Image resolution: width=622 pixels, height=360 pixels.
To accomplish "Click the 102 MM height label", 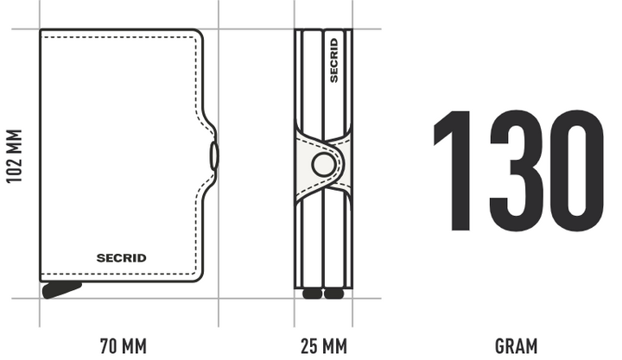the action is coord(14,155).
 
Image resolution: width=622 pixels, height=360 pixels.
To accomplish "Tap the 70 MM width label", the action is coord(124,346).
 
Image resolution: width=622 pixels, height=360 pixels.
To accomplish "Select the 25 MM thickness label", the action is coord(324,346).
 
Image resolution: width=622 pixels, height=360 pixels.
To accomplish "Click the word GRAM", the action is coord(516,346).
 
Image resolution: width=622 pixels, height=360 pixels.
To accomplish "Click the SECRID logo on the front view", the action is coord(122,258).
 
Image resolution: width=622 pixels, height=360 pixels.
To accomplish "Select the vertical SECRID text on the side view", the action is coord(334,60).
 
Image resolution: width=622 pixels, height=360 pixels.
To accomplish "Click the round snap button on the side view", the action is coord(324,165).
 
